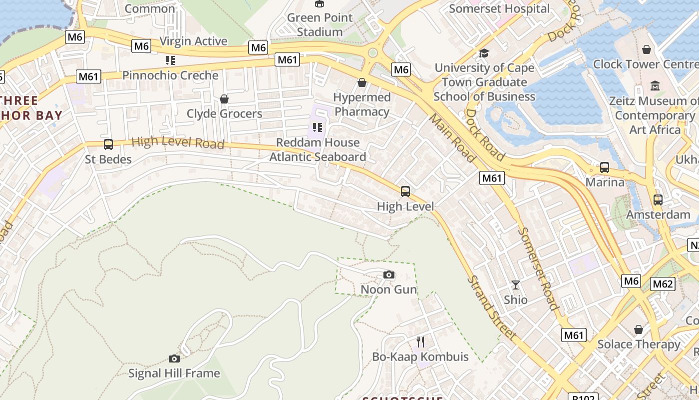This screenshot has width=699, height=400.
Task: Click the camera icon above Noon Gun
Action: [389, 274]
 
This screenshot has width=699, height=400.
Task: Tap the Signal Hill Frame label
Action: [174, 373]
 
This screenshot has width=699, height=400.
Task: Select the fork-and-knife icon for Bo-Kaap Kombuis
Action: [420, 342]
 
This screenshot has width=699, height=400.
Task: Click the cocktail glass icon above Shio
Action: [516, 285]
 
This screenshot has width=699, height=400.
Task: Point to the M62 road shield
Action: [663, 284]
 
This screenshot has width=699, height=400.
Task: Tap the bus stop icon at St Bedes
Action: [108, 144]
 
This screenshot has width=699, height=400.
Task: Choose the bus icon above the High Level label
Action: [405, 191]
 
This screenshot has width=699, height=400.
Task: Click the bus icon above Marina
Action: [605, 167]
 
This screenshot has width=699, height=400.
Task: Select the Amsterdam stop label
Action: [658, 214]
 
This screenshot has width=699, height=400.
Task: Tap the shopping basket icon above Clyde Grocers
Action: [224, 99]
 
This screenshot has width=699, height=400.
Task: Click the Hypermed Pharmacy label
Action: [362, 104]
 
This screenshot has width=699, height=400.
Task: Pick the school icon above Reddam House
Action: [318, 127]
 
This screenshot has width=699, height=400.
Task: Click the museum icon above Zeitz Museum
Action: [655, 86]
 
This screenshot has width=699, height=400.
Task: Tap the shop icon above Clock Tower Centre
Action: [647, 49]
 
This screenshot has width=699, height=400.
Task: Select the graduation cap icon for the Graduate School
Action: [483, 53]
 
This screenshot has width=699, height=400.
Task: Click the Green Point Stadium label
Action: [320, 24]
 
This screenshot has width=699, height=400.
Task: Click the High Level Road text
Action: [178, 142]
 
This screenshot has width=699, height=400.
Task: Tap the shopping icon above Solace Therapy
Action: [639, 329]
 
